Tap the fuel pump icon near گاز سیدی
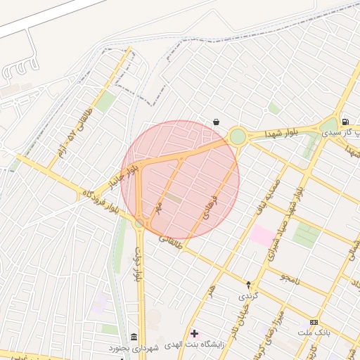pyautogui.click(x=345, y=122)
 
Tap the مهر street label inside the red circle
pyautogui.click(x=160, y=207)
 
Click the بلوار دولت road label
pyautogui.click(x=139, y=264)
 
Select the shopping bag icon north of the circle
pyautogui.click(x=216, y=121)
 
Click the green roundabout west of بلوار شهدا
pyautogui.click(x=238, y=136)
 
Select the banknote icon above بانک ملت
pyautogui.click(x=314, y=321)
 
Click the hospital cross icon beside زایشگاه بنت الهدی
pyautogui.click(x=195, y=333)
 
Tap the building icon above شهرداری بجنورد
pyautogui.click(x=134, y=337)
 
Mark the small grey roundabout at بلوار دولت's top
pyautogui.click(x=139, y=224)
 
